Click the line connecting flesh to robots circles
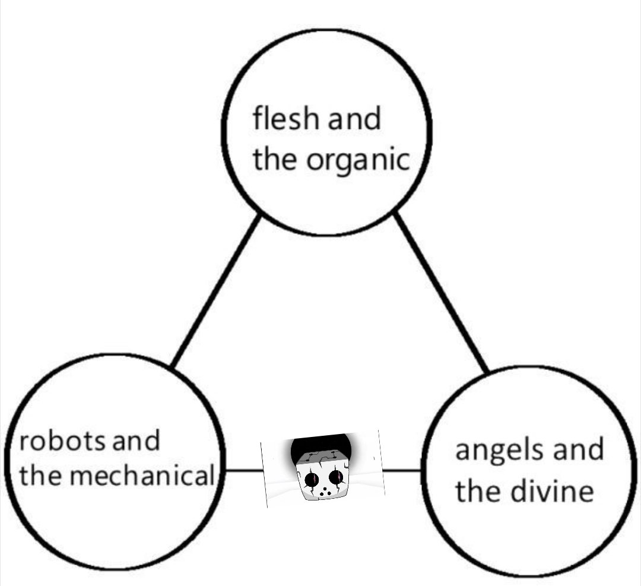(x=215, y=291)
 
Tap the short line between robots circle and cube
(x=243, y=471)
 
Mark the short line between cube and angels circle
(x=402, y=471)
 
